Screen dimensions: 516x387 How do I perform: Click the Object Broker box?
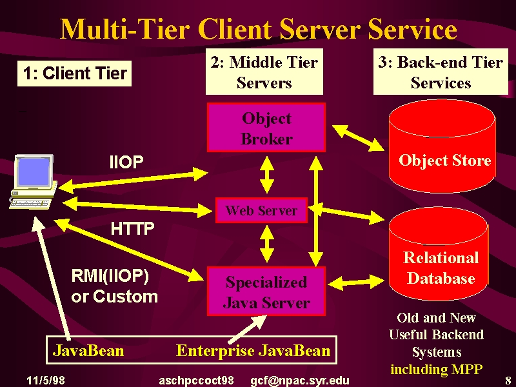tap(266, 127)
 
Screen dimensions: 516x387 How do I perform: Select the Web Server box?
tap(261, 210)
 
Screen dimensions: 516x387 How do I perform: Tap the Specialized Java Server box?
tap(266, 292)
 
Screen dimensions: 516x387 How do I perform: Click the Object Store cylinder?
tap(442, 146)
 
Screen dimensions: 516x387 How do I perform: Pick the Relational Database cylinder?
tap(439, 253)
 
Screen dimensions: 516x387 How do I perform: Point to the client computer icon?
tap(33, 182)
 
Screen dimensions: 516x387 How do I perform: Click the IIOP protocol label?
tap(126, 162)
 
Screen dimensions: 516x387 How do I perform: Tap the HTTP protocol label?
tap(132, 228)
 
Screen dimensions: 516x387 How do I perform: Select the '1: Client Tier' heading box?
tap(74, 74)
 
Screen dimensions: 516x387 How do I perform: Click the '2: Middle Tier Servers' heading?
tap(264, 72)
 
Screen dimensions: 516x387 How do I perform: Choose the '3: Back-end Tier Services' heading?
tap(441, 72)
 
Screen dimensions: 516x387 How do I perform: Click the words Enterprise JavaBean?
tap(253, 350)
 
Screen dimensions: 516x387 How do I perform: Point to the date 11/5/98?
tap(45, 381)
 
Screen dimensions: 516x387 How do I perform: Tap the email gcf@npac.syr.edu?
tap(300, 381)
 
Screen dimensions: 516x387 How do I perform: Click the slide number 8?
tap(508, 381)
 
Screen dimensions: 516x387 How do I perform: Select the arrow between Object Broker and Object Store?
tap(359, 138)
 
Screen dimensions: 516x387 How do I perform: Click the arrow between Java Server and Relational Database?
tap(357, 282)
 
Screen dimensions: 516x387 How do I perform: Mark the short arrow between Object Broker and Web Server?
tap(267, 175)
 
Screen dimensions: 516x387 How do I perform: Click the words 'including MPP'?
tap(437, 370)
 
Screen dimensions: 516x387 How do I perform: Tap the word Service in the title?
tap(412, 29)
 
